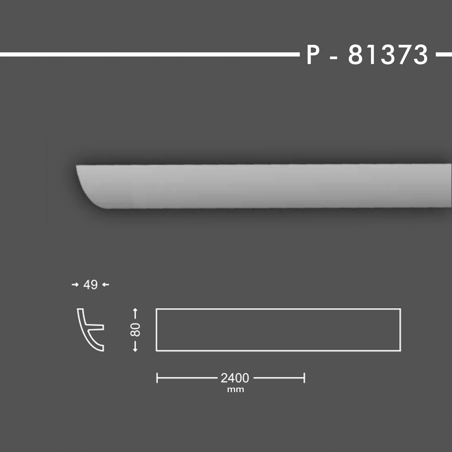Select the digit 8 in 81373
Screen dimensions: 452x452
coord(356,55)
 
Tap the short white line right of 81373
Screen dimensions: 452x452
coord(443,55)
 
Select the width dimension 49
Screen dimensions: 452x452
coord(90,285)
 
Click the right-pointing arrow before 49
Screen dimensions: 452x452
coord(75,285)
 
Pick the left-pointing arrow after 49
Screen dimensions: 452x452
coord(105,285)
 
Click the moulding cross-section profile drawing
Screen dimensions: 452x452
coord(89,330)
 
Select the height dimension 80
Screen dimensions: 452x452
coord(135,330)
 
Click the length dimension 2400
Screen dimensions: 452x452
coord(235,378)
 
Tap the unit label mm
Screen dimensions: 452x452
coord(235,389)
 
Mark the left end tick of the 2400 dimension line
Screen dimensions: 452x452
coord(157,378)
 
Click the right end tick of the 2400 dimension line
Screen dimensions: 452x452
coord(304,378)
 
